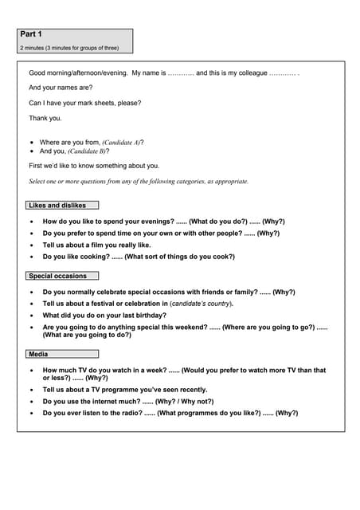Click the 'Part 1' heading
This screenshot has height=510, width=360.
click(32, 34)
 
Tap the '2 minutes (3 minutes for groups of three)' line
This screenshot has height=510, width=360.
click(69, 48)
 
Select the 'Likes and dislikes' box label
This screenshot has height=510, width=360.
click(57, 205)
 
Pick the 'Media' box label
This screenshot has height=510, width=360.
click(37, 354)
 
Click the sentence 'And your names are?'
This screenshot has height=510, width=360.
click(61, 88)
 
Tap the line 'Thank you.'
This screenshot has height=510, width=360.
click(45, 118)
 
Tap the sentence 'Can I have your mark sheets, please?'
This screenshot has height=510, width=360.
click(84, 103)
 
